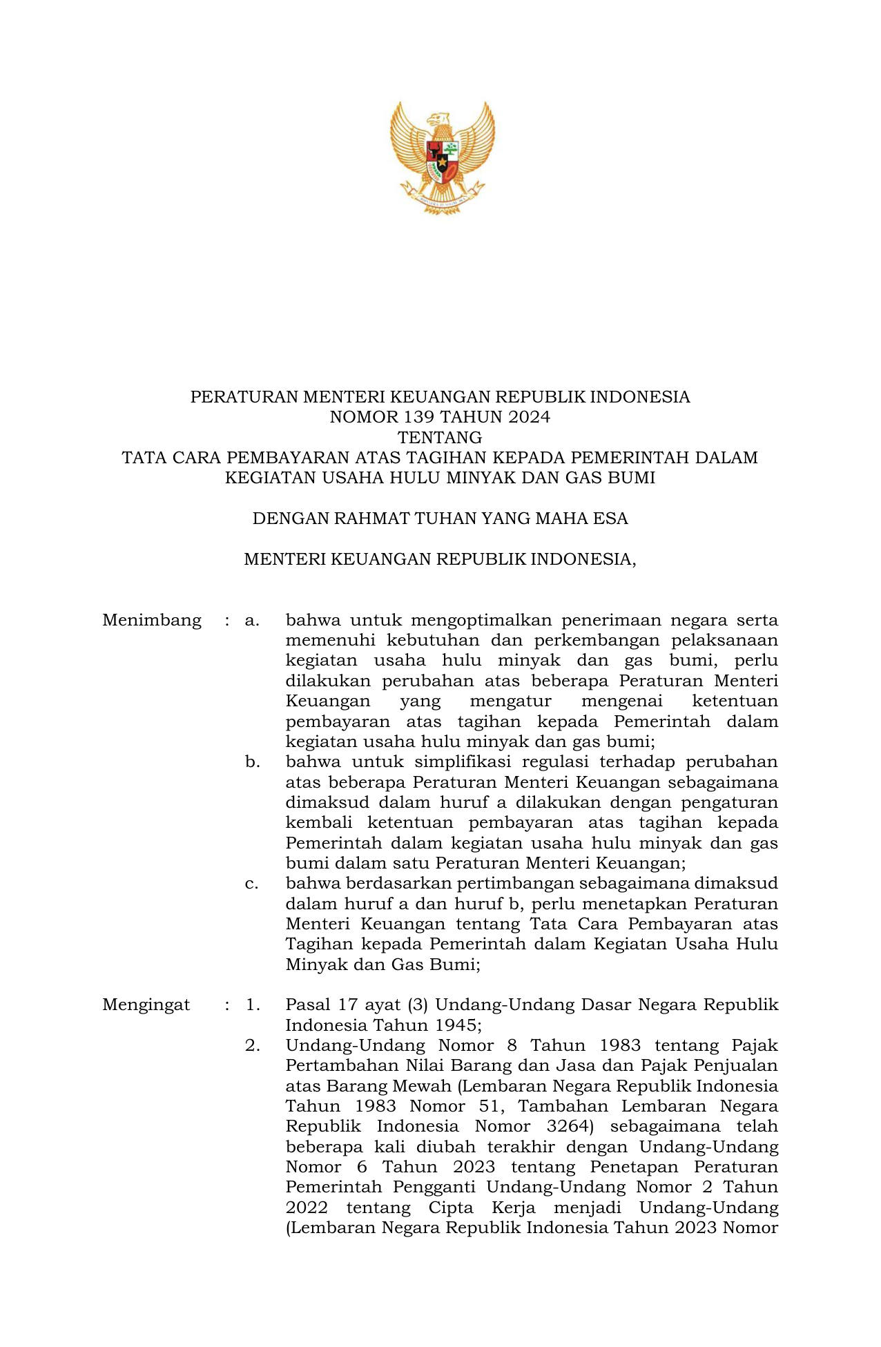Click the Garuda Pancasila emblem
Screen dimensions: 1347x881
click(442, 157)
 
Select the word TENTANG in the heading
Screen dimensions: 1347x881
click(440, 438)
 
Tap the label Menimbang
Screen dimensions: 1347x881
click(152, 620)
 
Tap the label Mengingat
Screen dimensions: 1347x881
click(146, 1005)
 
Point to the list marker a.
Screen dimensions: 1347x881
click(252, 620)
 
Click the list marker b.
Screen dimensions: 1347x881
click(252, 762)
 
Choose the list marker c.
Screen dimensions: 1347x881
click(252, 884)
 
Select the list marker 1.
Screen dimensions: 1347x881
click(252, 1005)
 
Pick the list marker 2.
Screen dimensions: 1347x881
click(252, 1045)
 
